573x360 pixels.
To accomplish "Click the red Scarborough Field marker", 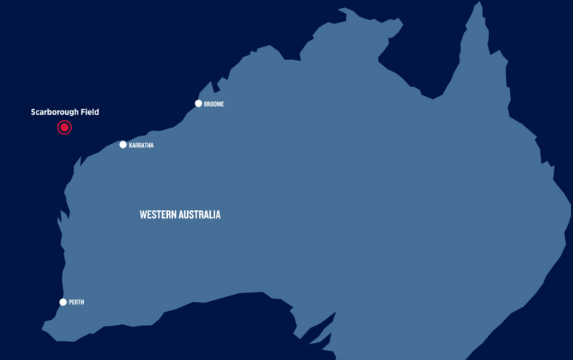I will [x=65, y=128].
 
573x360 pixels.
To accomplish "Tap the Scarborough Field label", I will [x=65, y=112].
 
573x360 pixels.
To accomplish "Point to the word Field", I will [x=90, y=112].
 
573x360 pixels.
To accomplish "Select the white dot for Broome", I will [x=199, y=103].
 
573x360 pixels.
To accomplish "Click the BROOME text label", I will [x=214, y=104].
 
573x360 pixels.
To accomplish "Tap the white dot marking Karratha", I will [x=123, y=145].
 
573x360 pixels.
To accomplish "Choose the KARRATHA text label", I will [x=141, y=146].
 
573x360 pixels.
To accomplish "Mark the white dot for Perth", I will [x=63, y=302].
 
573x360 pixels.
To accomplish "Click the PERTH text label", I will [x=77, y=303].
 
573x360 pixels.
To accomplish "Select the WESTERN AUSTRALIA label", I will [x=180, y=214].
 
